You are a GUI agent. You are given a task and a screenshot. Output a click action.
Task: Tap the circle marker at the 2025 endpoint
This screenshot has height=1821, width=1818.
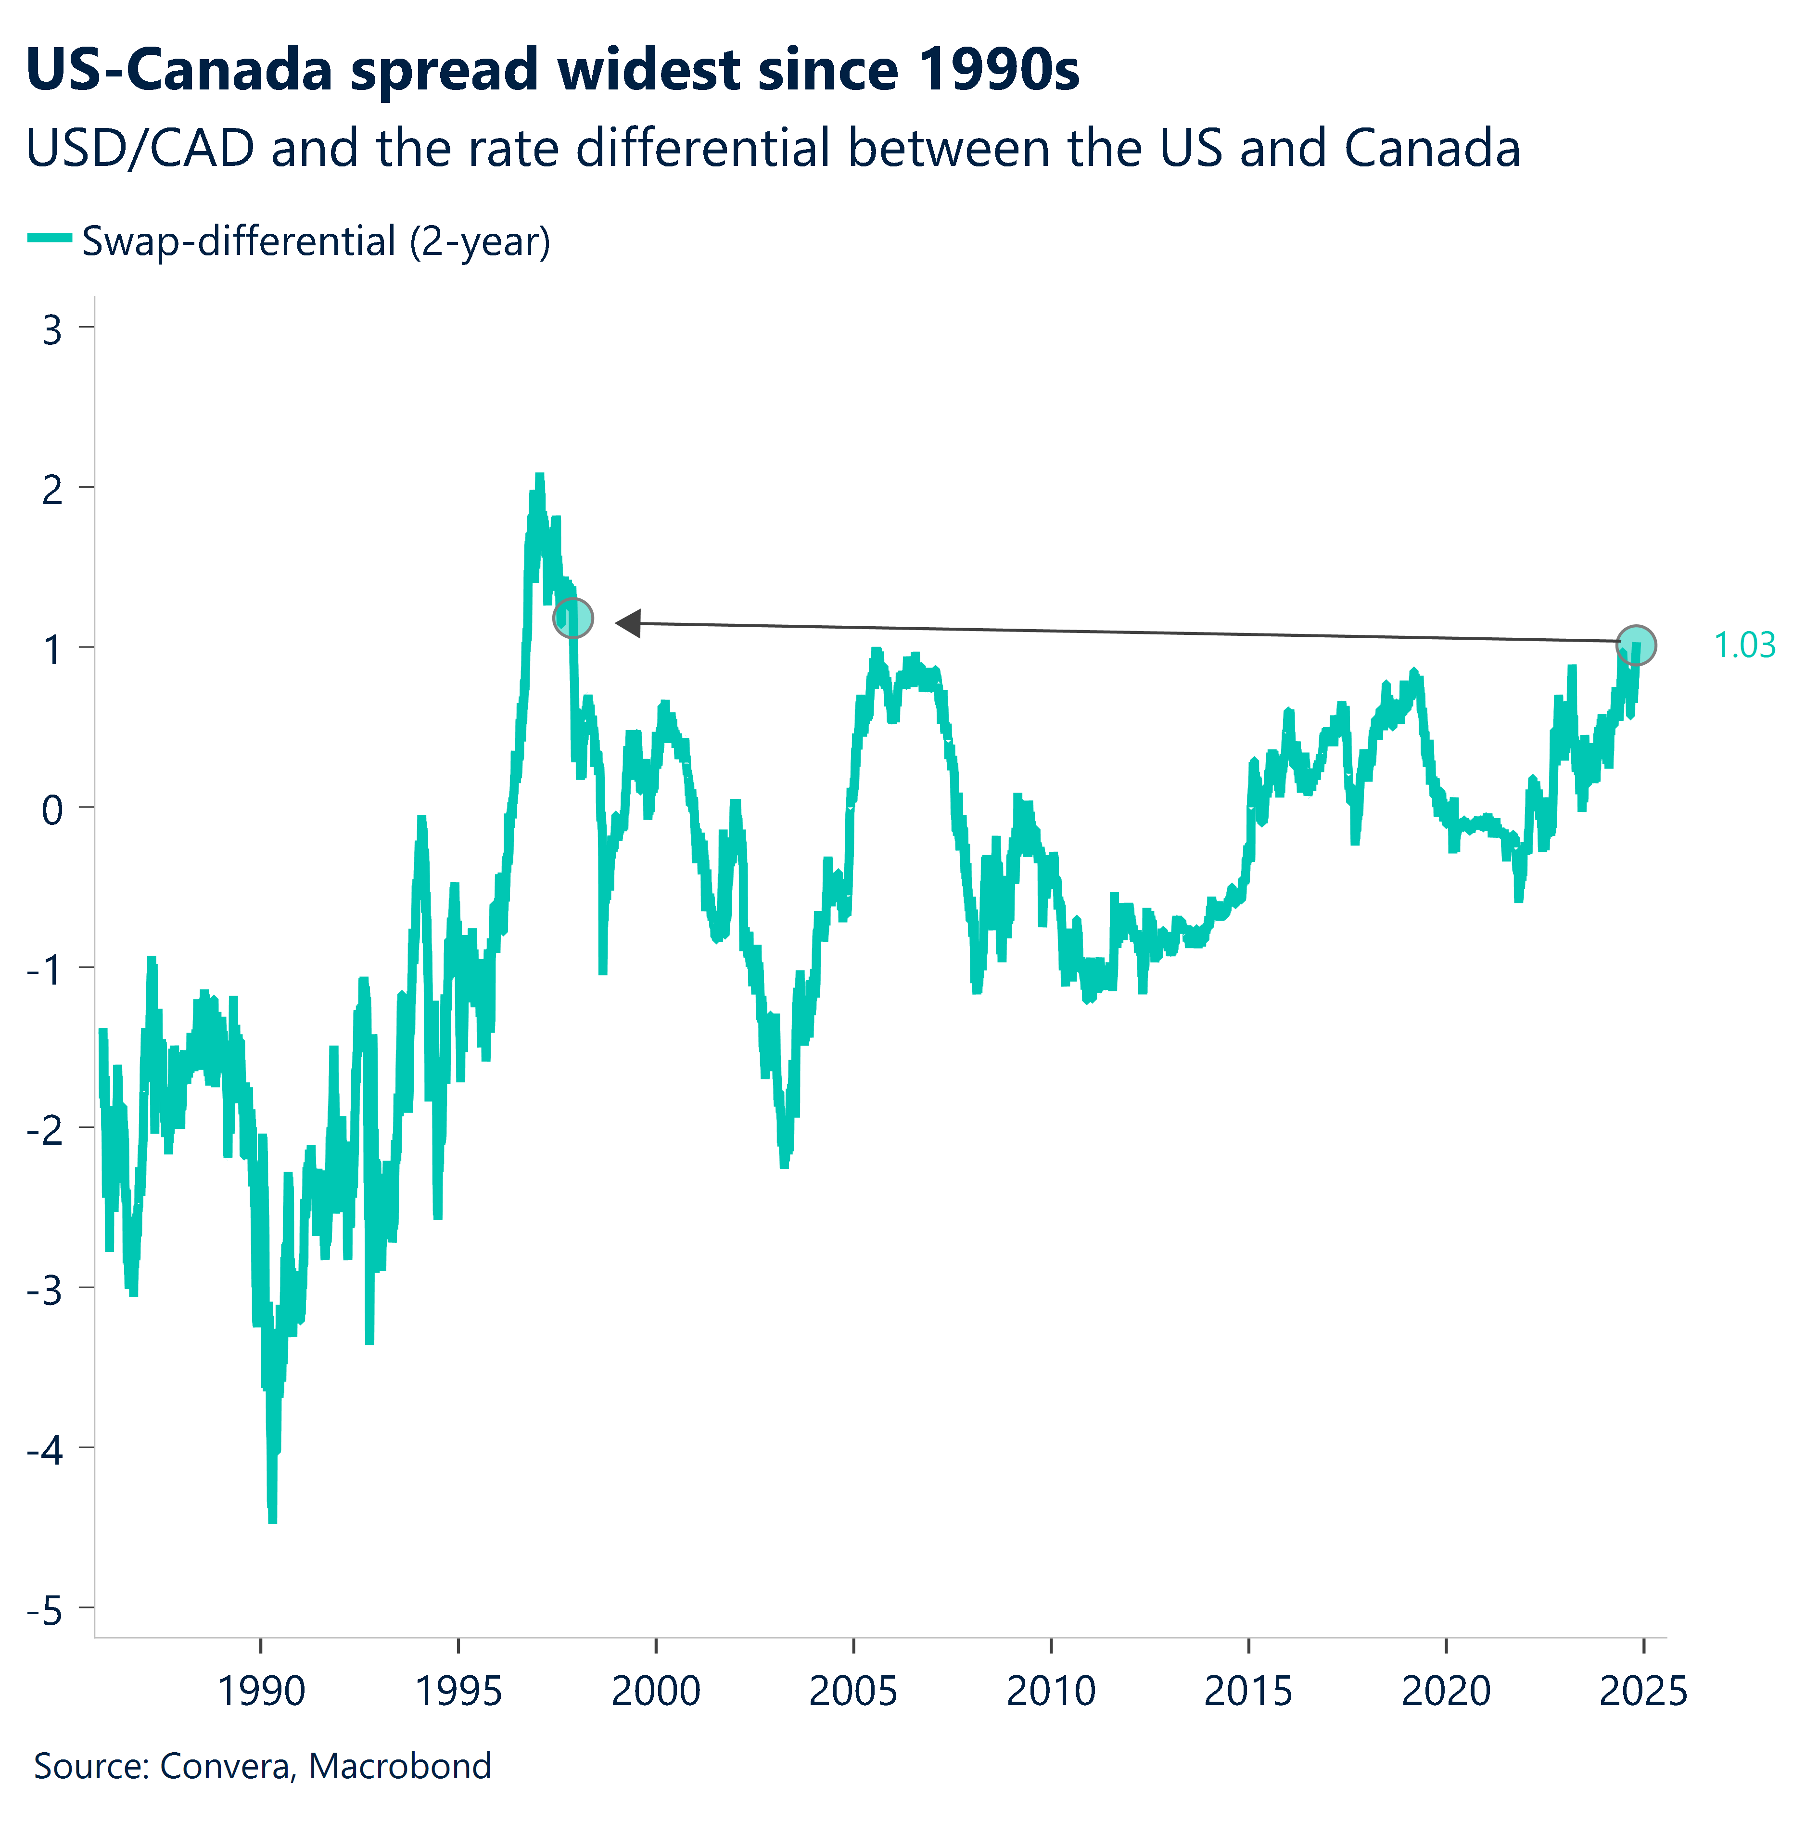[x=1636, y=645]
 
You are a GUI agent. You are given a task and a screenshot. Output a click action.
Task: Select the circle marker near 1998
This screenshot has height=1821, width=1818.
[x=572, y=619]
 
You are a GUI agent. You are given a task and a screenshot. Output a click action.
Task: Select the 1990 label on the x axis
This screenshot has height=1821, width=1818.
[x=261, y=1691]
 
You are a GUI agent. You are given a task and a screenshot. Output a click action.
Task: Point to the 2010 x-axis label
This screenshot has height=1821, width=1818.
[x=1051, y=1691]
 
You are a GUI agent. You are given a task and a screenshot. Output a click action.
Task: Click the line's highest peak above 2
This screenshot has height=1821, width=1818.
[x=539, y=477]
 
